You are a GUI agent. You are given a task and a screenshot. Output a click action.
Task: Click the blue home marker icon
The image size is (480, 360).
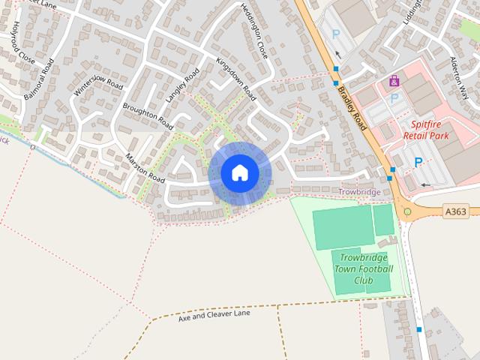click(239, 173)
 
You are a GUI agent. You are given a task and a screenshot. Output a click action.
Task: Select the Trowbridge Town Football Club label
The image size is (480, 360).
click(364, 268)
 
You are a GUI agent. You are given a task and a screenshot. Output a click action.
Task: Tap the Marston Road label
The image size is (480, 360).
click(145, 169)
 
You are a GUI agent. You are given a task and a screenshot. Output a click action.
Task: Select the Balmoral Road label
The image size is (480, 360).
click(40, 82)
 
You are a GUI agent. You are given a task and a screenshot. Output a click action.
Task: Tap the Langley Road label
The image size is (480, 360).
click(181, 86)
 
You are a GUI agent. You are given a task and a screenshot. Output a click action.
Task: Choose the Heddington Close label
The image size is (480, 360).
click(253, 31)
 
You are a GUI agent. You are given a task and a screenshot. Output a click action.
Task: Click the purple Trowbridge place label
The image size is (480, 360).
click(359, 192)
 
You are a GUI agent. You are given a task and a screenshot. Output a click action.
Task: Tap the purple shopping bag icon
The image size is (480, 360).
click(394, 81)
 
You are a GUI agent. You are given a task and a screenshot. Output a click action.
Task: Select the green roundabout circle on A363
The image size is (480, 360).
click(407, 211)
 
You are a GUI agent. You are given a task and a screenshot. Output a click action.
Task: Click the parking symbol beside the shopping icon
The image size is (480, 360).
click(394, 98)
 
